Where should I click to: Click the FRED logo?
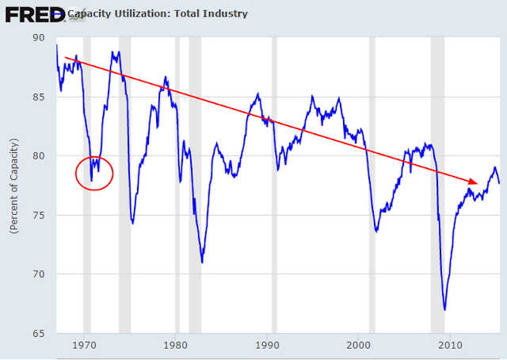[35, 15]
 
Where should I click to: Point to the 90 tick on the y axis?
[39, 37]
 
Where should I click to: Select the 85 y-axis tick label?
[39, 97]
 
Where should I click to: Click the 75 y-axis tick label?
[39, 215]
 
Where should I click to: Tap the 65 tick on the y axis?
[39, 333]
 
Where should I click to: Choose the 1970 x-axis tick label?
[84, 345]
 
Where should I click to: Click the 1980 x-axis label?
[175, 345]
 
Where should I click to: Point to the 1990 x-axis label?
[267, 345]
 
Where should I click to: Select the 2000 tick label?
[359, 345]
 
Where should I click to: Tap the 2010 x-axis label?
[450, 345]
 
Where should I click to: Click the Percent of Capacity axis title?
[14, 186]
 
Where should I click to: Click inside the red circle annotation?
[94, 173]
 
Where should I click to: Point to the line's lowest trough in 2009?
[444, 310]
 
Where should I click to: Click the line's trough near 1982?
[202, 262]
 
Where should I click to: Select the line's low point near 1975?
[132, 223]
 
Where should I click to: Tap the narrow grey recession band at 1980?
[177, 186]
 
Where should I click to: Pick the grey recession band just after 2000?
[372, 186]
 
